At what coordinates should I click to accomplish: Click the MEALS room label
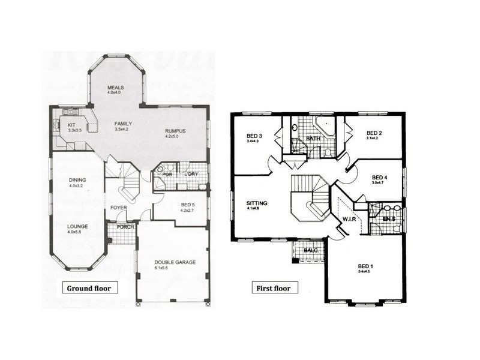(x=115, y=86)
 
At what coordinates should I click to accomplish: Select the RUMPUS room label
(x=175, y=130)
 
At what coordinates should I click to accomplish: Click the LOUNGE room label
(x=77, y=227)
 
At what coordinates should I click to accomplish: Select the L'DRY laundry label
(x=191, y=175)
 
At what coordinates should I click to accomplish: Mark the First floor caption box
(x=274, y=288)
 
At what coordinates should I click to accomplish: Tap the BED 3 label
(x=251, y=134)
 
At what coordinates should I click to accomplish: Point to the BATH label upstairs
(x=313, y=139)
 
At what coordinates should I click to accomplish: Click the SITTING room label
(x=257, y=203)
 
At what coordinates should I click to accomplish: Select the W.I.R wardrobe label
(x=349, y=218)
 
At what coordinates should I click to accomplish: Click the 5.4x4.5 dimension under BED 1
(x=365, y=271)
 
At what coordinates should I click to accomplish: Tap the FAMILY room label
(x=123, y=124)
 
